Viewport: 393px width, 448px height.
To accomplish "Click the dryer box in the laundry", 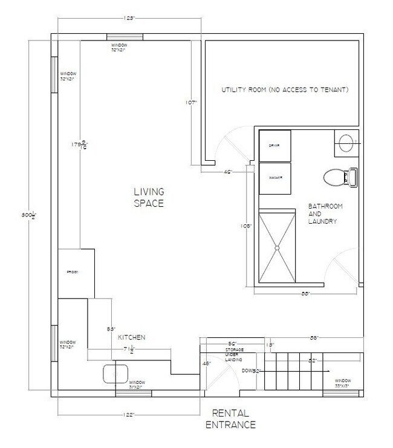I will (x=275, y=145).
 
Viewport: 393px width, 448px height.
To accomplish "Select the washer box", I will (x=275, y=178).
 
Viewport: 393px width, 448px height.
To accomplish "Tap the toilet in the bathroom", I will (x=339, y=177).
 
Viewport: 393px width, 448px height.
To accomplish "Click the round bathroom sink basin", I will (x=347, y=143).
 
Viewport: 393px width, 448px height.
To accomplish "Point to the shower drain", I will (x=277, y=247).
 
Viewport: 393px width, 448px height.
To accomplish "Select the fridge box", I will (x=76, y=273).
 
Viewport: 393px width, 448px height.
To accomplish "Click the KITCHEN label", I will (x=131, y=337).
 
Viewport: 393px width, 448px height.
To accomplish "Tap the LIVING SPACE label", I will (x=149, y=198).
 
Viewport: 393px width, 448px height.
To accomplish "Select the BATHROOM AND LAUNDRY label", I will (x=325, y=214).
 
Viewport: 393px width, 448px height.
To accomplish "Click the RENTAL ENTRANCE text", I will (x=233, y=419).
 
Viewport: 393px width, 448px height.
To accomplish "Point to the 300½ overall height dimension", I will (x=25, y=216).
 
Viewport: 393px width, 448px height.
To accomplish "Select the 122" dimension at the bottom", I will (x=127, y=414).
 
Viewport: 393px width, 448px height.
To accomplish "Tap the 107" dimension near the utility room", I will (x=192, y=103).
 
